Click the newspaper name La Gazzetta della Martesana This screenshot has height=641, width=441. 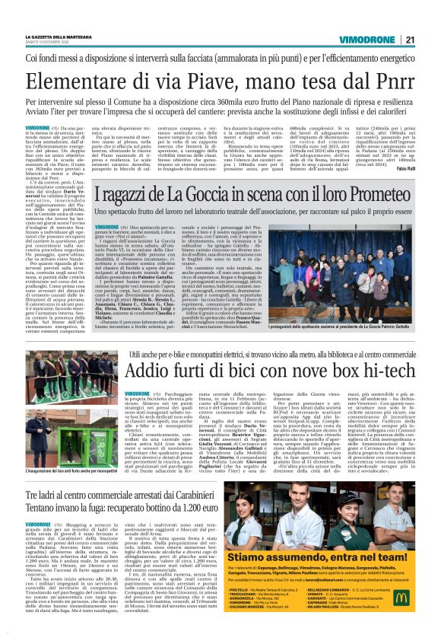tap(59, 37)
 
